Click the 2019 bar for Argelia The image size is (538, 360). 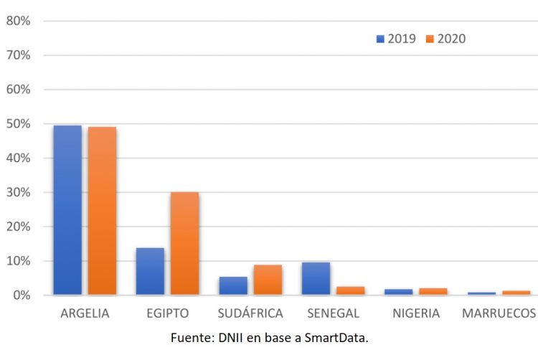pos(67,210)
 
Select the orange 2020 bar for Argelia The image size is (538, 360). pos(102,211)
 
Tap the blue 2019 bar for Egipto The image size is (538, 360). pos(150,271)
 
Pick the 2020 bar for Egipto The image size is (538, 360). pos(184,243)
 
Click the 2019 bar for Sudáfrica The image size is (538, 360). pos(233,285)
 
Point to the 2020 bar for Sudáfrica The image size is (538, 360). pos(268,280)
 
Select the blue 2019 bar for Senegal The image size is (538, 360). pos(316,278)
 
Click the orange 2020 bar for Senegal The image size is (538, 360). pos(350,290)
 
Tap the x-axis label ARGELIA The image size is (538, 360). pos(85,313)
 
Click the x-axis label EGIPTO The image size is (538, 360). pos(167,313)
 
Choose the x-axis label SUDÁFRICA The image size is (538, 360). pos(250,313)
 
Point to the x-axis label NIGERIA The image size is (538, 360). pos(416,313)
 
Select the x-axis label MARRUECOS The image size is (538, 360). pos(499,313)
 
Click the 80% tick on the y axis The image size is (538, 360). pos(18,21)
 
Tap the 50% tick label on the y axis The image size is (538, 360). pos(18,123)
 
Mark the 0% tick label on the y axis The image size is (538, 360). pos(21,295)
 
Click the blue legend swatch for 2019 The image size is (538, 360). pos(380,39)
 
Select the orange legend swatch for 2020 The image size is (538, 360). pos(430,39)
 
